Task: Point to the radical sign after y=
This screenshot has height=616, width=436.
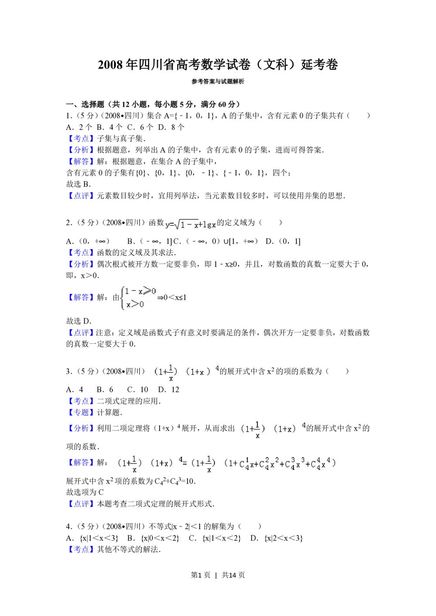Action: pyautogui.click(x=177, y=225)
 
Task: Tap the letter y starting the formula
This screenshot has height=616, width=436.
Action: pyautogui.click(x=167, y=225)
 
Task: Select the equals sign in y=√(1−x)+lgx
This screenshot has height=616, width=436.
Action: pyautogui.click(x=171, y=225)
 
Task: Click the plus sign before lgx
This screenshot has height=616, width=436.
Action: pyautogui.click(x=200, y=225)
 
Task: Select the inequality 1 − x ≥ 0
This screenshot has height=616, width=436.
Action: pyautogui.click(x=140, y=291)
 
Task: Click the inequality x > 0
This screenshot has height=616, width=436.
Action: pyautogui.click(x=135, y=304)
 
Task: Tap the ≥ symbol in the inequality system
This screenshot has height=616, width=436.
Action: pyautogui.click(x=147, y=291)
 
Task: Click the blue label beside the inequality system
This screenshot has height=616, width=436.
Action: pyautogui.click(x=80, y=298)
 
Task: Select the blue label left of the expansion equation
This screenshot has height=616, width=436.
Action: pyautogui.click(x=80, y=462)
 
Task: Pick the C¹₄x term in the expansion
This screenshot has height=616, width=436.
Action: pyautogui.click(x=246, y=464)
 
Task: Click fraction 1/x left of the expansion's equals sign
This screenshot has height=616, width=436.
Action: pyautogui.click(x=134, y=464)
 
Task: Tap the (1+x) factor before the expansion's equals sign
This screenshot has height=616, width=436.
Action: pyautogui.click(x=161, y=464)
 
